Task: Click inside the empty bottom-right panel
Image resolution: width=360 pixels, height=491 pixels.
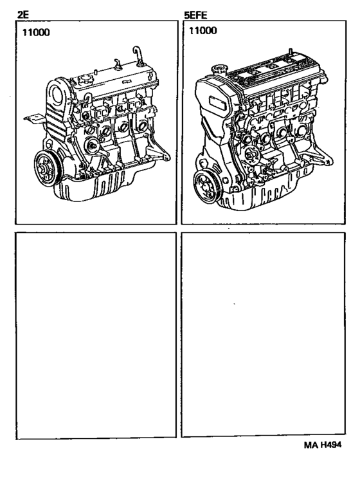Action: (266, 335)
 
